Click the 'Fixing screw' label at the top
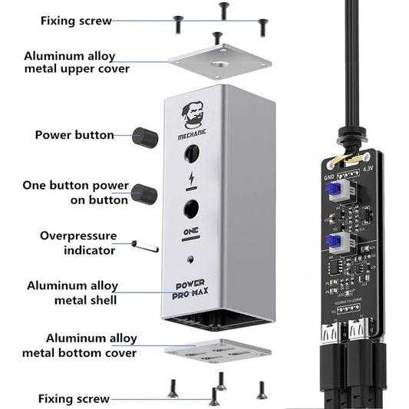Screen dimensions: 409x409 click(x=75, y=21)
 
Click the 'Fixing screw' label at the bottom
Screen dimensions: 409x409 click(x=73, y=398)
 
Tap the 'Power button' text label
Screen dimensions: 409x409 click(x=74, y=135)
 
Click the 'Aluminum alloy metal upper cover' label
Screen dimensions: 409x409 click(x=77, y=63)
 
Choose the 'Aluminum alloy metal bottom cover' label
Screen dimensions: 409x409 click(x=91, y=345)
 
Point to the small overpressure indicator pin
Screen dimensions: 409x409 click(x=145, y=246)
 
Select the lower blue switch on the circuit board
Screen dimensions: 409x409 click(x=334, y=242)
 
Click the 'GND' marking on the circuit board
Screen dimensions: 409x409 click(x=329, y=175)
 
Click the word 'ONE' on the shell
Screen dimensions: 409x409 click(x=192, y=231)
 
